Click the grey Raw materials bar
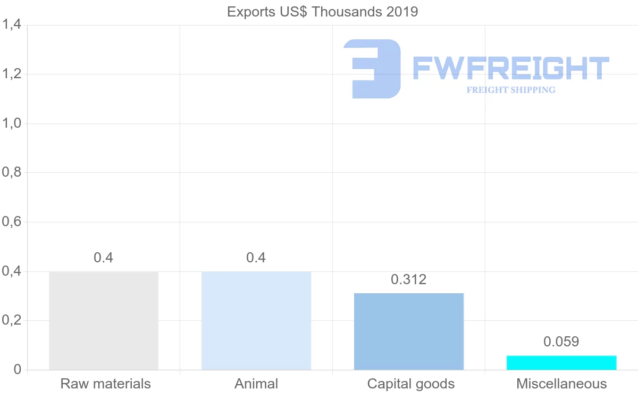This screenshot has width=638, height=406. click(x=104, y=320)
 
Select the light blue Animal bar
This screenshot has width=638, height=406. click(x=256, y=320)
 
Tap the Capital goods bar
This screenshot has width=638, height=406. click(x=409, y=331)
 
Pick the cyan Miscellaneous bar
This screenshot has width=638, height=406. click(x=561, y=362)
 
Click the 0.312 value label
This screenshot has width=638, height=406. click(x=409, y=279)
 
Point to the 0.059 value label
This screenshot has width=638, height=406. click(x=561, y=342)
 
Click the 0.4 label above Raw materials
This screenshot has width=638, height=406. click(x=104, y=258)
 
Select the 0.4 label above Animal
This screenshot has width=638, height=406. click(x=256, y=258)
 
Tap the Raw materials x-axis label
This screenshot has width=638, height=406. click(x=106, y=384)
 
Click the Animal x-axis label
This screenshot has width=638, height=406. click(x=256, y=384)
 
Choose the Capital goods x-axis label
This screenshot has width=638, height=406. click(x=411, y=384)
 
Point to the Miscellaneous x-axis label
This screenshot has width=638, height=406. click(x=561, y=384)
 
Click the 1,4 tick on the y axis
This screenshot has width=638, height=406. click(x=11, y=24)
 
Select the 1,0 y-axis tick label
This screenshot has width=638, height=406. click(x=11, y=123)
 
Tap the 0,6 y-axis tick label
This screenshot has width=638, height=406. click(x=11, y=222)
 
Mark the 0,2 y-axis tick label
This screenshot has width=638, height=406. click(x=11, y=321)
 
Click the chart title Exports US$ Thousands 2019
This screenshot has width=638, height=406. click(x=323, y=12)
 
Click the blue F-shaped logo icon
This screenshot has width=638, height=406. click(x=372, y=69)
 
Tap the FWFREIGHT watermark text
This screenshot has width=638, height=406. click(x=511, y=69)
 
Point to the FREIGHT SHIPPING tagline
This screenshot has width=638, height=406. click(x=511, y=90)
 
